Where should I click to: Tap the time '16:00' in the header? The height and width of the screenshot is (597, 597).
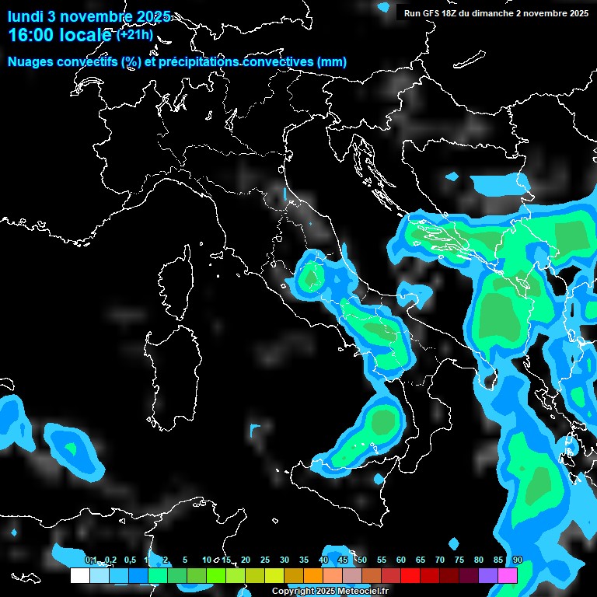[33, 36]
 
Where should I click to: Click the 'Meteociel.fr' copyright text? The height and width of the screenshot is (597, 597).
[362, 592]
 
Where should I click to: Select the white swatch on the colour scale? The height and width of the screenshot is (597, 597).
[79, 575]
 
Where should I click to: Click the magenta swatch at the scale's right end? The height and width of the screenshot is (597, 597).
[508, 575]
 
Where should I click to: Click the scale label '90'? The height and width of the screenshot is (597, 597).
[517, 560]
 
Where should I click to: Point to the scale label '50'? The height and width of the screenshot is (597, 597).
[361, 560]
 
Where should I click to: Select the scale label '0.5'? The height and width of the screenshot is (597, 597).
[129, 560]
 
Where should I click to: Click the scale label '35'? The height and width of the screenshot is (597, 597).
[303, 560]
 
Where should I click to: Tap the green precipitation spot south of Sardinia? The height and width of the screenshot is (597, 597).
[72, 449]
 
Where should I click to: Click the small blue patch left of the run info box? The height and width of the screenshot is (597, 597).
[384, 6]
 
